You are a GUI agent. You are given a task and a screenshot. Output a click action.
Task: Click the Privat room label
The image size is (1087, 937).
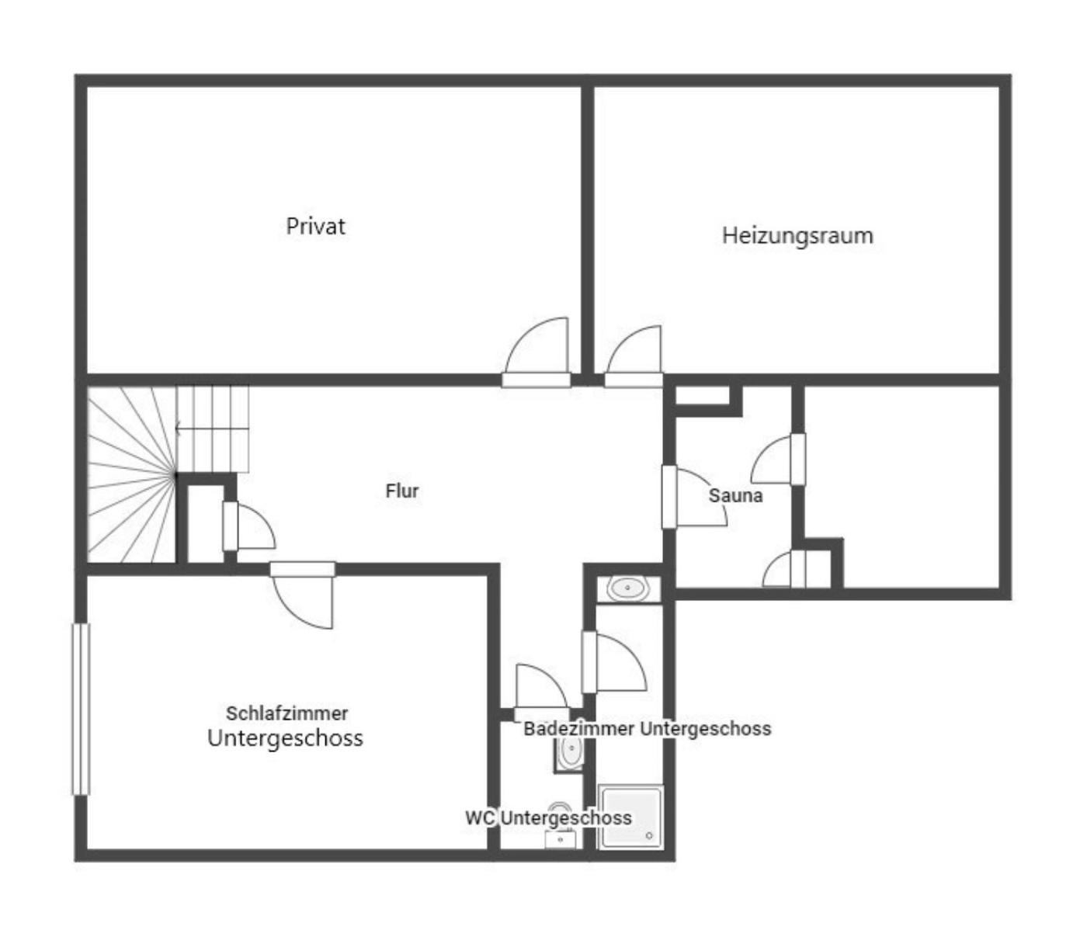tap(315, 227)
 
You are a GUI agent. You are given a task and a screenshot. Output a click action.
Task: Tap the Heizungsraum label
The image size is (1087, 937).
tap(797, 235)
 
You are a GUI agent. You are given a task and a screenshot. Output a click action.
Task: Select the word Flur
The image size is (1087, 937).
tap(401, 491)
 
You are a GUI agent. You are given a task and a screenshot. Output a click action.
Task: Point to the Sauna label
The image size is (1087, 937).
tap(735, 495)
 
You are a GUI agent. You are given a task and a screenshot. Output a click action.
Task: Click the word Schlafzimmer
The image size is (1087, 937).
tap(287, 713)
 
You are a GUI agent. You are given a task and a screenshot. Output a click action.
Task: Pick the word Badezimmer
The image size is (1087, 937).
tap(579, 729)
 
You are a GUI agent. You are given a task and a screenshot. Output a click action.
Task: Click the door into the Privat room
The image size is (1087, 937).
tap(536, 352)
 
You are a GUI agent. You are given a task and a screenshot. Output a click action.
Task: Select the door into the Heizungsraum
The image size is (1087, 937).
tap(633, 356)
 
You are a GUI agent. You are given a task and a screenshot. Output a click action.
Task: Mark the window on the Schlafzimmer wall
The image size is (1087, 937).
tap(81, 710)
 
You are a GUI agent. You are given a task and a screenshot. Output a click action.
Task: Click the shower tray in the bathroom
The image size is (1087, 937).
tap(630, 817)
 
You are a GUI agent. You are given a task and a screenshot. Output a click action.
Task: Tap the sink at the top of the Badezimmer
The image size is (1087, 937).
tap(628, 588)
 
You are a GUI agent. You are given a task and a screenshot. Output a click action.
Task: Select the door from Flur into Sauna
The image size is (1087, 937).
tap(694, 498)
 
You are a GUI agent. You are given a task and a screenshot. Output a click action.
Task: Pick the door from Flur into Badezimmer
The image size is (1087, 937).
tap(613, 662)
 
